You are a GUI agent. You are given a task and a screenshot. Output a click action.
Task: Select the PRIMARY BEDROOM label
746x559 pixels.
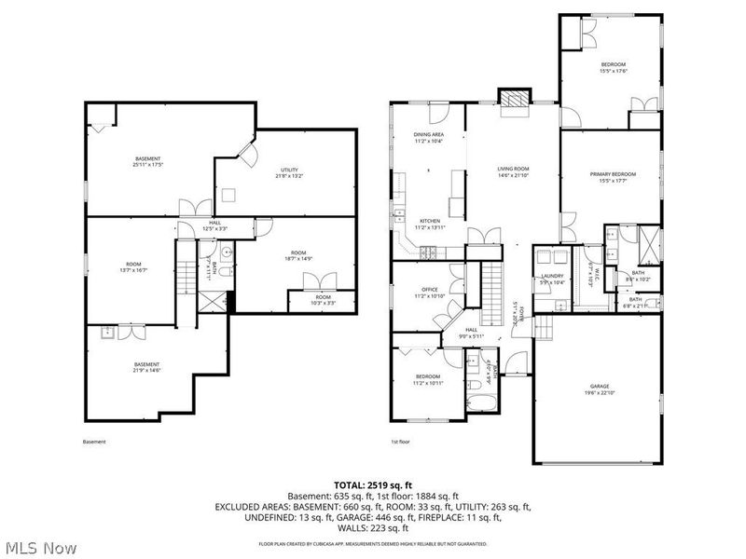[x=613, y=177]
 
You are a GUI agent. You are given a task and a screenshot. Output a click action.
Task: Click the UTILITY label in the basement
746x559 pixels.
[x=289, y=172]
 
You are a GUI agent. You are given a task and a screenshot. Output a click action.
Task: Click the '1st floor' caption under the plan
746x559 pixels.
[x=401, y=442]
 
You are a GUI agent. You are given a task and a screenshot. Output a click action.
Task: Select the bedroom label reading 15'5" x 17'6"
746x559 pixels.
[x=613, y=67]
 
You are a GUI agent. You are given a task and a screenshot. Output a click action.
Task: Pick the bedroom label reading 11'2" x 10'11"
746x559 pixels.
[x=429, y=380]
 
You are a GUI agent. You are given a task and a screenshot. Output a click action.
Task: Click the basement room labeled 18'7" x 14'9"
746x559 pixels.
[x=298, y=256]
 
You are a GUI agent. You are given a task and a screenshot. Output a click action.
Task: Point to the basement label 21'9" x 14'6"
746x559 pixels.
[x=146, y=367]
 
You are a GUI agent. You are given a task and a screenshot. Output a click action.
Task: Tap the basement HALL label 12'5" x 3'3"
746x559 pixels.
[x=214, y=225]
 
